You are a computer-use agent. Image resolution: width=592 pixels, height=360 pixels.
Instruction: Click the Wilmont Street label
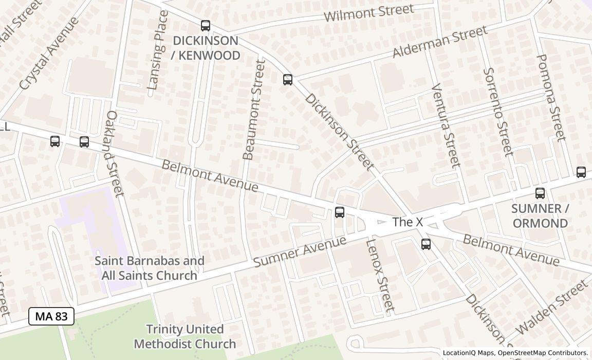[368, 13]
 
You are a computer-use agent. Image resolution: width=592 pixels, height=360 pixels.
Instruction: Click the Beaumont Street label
[253, 110]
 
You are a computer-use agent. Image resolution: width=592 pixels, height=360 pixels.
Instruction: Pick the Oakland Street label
[114, 153]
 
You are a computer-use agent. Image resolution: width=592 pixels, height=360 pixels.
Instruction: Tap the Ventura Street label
[445, 125]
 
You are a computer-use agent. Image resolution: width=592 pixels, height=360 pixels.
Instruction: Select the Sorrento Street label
[498, 112]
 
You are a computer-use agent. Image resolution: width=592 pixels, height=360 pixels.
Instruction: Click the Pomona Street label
[550, 97]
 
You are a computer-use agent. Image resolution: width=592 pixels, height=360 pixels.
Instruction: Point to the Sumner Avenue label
[300, 251]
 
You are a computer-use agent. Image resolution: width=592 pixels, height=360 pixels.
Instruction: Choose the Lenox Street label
[380, 276]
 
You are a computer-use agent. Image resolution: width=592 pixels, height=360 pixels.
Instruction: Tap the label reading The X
[407, 222]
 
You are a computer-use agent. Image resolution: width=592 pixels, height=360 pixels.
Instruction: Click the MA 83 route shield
[51, 316]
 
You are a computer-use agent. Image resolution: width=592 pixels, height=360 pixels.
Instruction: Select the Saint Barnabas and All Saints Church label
[150, 268]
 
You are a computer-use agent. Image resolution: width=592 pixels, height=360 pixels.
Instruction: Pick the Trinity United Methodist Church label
[185, 336]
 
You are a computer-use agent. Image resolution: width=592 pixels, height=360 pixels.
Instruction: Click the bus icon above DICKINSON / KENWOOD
[206, 25]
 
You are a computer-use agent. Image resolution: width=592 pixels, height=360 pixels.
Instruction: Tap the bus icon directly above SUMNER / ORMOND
[540, 193]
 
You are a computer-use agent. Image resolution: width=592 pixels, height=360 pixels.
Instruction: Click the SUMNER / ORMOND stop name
[540, 216]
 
